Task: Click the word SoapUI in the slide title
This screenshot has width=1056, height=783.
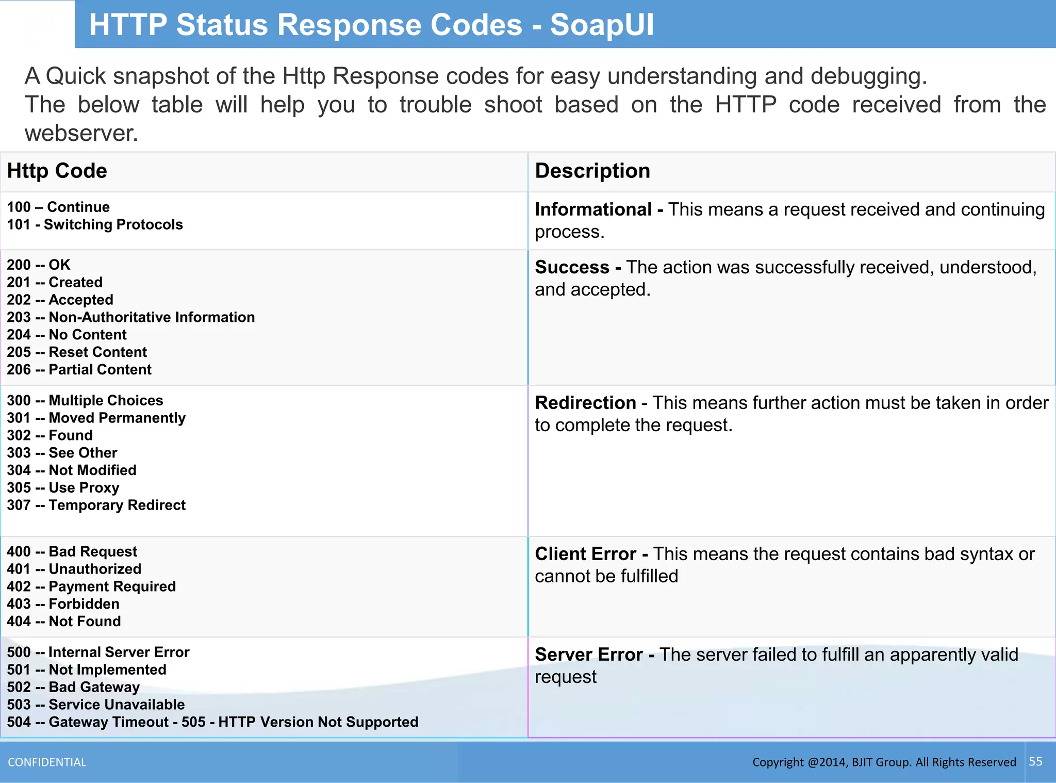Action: point(601,25)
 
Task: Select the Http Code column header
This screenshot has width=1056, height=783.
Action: point(57,171)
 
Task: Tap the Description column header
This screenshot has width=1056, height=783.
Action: point(592,171)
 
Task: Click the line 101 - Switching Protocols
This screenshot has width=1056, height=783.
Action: point(95,225)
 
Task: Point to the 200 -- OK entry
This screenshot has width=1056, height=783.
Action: point(39,265)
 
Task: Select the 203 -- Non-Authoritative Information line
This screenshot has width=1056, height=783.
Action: point(131,317)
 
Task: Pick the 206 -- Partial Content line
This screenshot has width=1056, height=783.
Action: point(79,370)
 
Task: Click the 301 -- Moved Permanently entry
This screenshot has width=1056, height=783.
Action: point(96,418)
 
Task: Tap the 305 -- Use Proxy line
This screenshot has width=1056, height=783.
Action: point(63,488)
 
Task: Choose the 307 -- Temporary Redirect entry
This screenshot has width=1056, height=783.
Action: point(96,505)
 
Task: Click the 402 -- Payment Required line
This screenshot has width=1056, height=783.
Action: point(91,587)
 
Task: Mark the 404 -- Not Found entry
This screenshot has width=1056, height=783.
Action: point(64,622)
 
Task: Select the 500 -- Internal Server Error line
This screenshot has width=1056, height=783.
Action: point(98,652)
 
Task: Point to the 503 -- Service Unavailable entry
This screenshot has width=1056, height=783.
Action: point(96,705)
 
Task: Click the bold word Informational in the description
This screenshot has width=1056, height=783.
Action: point(593,210)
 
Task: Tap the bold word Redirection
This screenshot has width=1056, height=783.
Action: point(585,403)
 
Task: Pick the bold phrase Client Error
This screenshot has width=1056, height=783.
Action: point(585,554)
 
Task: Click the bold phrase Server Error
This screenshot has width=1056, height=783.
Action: point(588,655)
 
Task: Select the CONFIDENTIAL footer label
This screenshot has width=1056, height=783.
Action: point(47,762)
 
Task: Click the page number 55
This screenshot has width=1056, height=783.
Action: point(1035,762)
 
